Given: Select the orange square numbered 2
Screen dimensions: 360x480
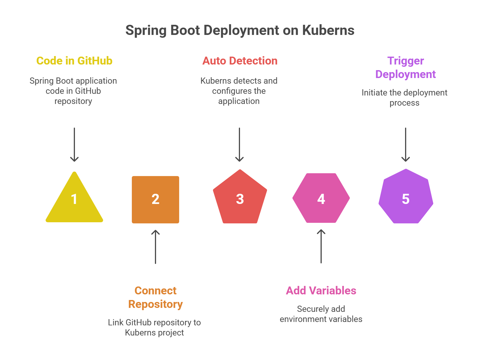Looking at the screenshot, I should pyautogui.click(x=155, y=199).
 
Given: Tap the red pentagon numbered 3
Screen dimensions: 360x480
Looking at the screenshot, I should pyautogui.click(x=240, y=199).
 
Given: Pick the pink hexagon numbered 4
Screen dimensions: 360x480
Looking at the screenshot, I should pyautogui.click(x=321, y=199).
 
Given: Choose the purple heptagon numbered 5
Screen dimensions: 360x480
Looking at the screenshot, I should pyautogui.click(x=406, y=199).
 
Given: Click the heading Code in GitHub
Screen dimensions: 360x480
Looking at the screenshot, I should pyautogui.click(x=74, y=61).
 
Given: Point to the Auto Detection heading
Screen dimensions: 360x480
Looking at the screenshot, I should pyautogui.click(x=240, y=61).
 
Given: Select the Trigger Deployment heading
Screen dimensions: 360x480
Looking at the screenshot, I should pyautogui.click(x=406, y=68).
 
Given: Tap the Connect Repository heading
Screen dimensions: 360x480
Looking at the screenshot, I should pyautogui.click(x=155, y=297).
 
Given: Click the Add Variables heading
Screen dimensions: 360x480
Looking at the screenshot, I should pyautogui.click(x=321, y=291).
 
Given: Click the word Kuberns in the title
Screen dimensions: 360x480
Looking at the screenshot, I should pyautogui.click(x=328, y=30).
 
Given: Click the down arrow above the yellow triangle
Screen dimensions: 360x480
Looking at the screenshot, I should pyautogui.click(x=74, y=145).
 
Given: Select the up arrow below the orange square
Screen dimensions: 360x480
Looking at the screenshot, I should pyautogui.click(x=155, y=247).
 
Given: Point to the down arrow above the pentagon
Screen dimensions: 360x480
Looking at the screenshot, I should pyautogui.click(x=239, y=145).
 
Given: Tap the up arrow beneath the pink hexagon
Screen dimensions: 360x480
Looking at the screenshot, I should pyautogui.click(x=321, y=246).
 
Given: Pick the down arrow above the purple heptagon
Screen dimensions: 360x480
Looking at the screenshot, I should pyautogui.click(x=406, y=145).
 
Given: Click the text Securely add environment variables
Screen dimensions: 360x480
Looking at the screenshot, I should pyautogui.click(x=321, y=314).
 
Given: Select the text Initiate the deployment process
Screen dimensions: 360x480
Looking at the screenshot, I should pyautogui.click(x=405, y=98).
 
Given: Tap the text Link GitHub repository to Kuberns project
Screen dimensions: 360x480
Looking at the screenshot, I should pyautogui.click(x=154, y=328).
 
